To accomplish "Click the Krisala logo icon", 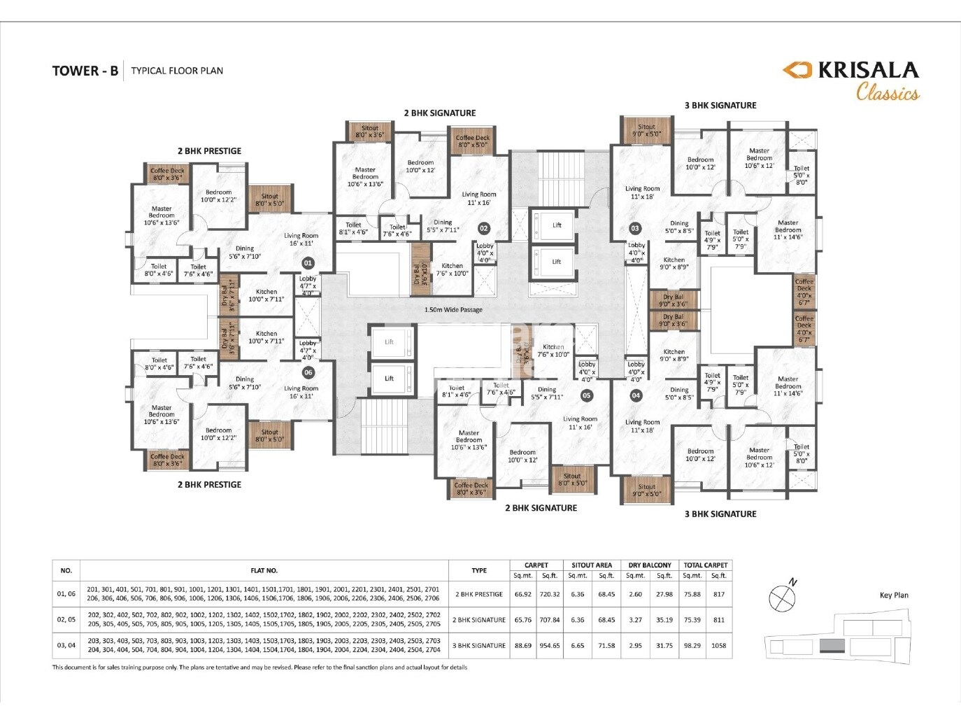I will [x=797, y=70].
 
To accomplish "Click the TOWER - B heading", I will [x=85, y=71].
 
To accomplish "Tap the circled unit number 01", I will [x=307, y=262].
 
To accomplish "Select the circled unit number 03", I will [x=635, y=228].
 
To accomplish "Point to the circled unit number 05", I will [x=586, y=395].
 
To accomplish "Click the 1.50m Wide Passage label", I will [x=453, y=309].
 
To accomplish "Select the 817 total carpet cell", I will [x=718, y=594].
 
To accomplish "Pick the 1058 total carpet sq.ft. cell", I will [x=718, y=645].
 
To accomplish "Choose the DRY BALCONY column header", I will [x=649, y=565].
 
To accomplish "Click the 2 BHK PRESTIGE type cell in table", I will [x=479, y=594].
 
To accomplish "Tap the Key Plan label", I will [x=894, y=595].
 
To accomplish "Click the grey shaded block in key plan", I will [x=832, y=644].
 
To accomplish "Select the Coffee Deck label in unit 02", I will [x=473, y=141].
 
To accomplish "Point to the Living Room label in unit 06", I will [x=301, y=392].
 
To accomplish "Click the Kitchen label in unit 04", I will [x=674, y=355].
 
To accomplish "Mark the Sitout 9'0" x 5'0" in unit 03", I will [x=646, y=130].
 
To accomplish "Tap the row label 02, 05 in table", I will [x=66, y=619].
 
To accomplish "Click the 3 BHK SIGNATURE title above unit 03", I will [x=720, y=106].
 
